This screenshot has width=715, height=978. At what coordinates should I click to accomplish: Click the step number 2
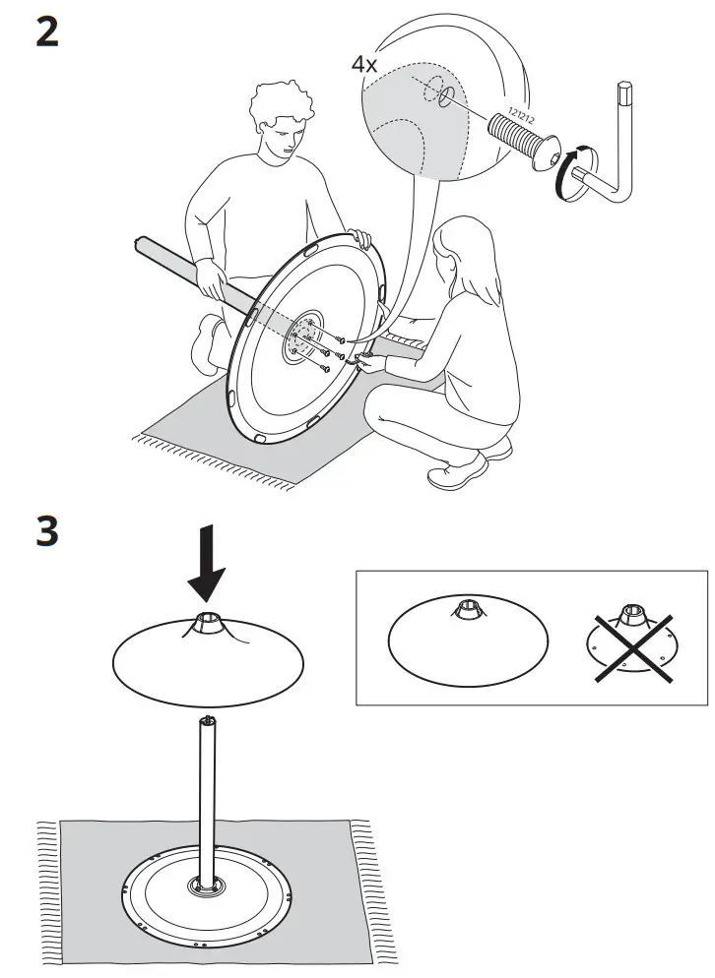(x=46, y=32)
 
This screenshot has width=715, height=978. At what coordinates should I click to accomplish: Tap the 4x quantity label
(x=363, y=64)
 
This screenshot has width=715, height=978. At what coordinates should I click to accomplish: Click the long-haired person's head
(x=456, y=258)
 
